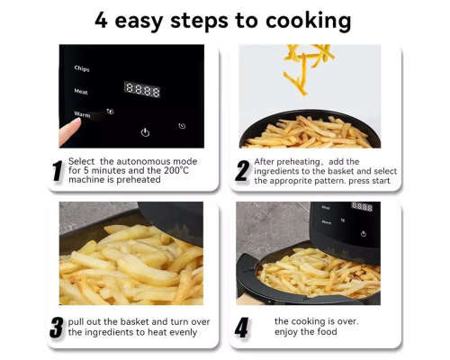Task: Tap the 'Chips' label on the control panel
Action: (x=82, y=67)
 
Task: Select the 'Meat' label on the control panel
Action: (x=81, y=91)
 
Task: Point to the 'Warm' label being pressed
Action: (x=82, y=115)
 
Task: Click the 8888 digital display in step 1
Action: (x=141, y=90)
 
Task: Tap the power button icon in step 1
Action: (x=145, y=131)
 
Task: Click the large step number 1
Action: (x=58, y=171)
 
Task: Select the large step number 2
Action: (x=241, y=171)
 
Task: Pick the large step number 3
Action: (x=58, y=327)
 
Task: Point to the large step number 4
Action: (x=241, y=327)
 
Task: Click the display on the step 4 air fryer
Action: (x=362, y=206)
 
